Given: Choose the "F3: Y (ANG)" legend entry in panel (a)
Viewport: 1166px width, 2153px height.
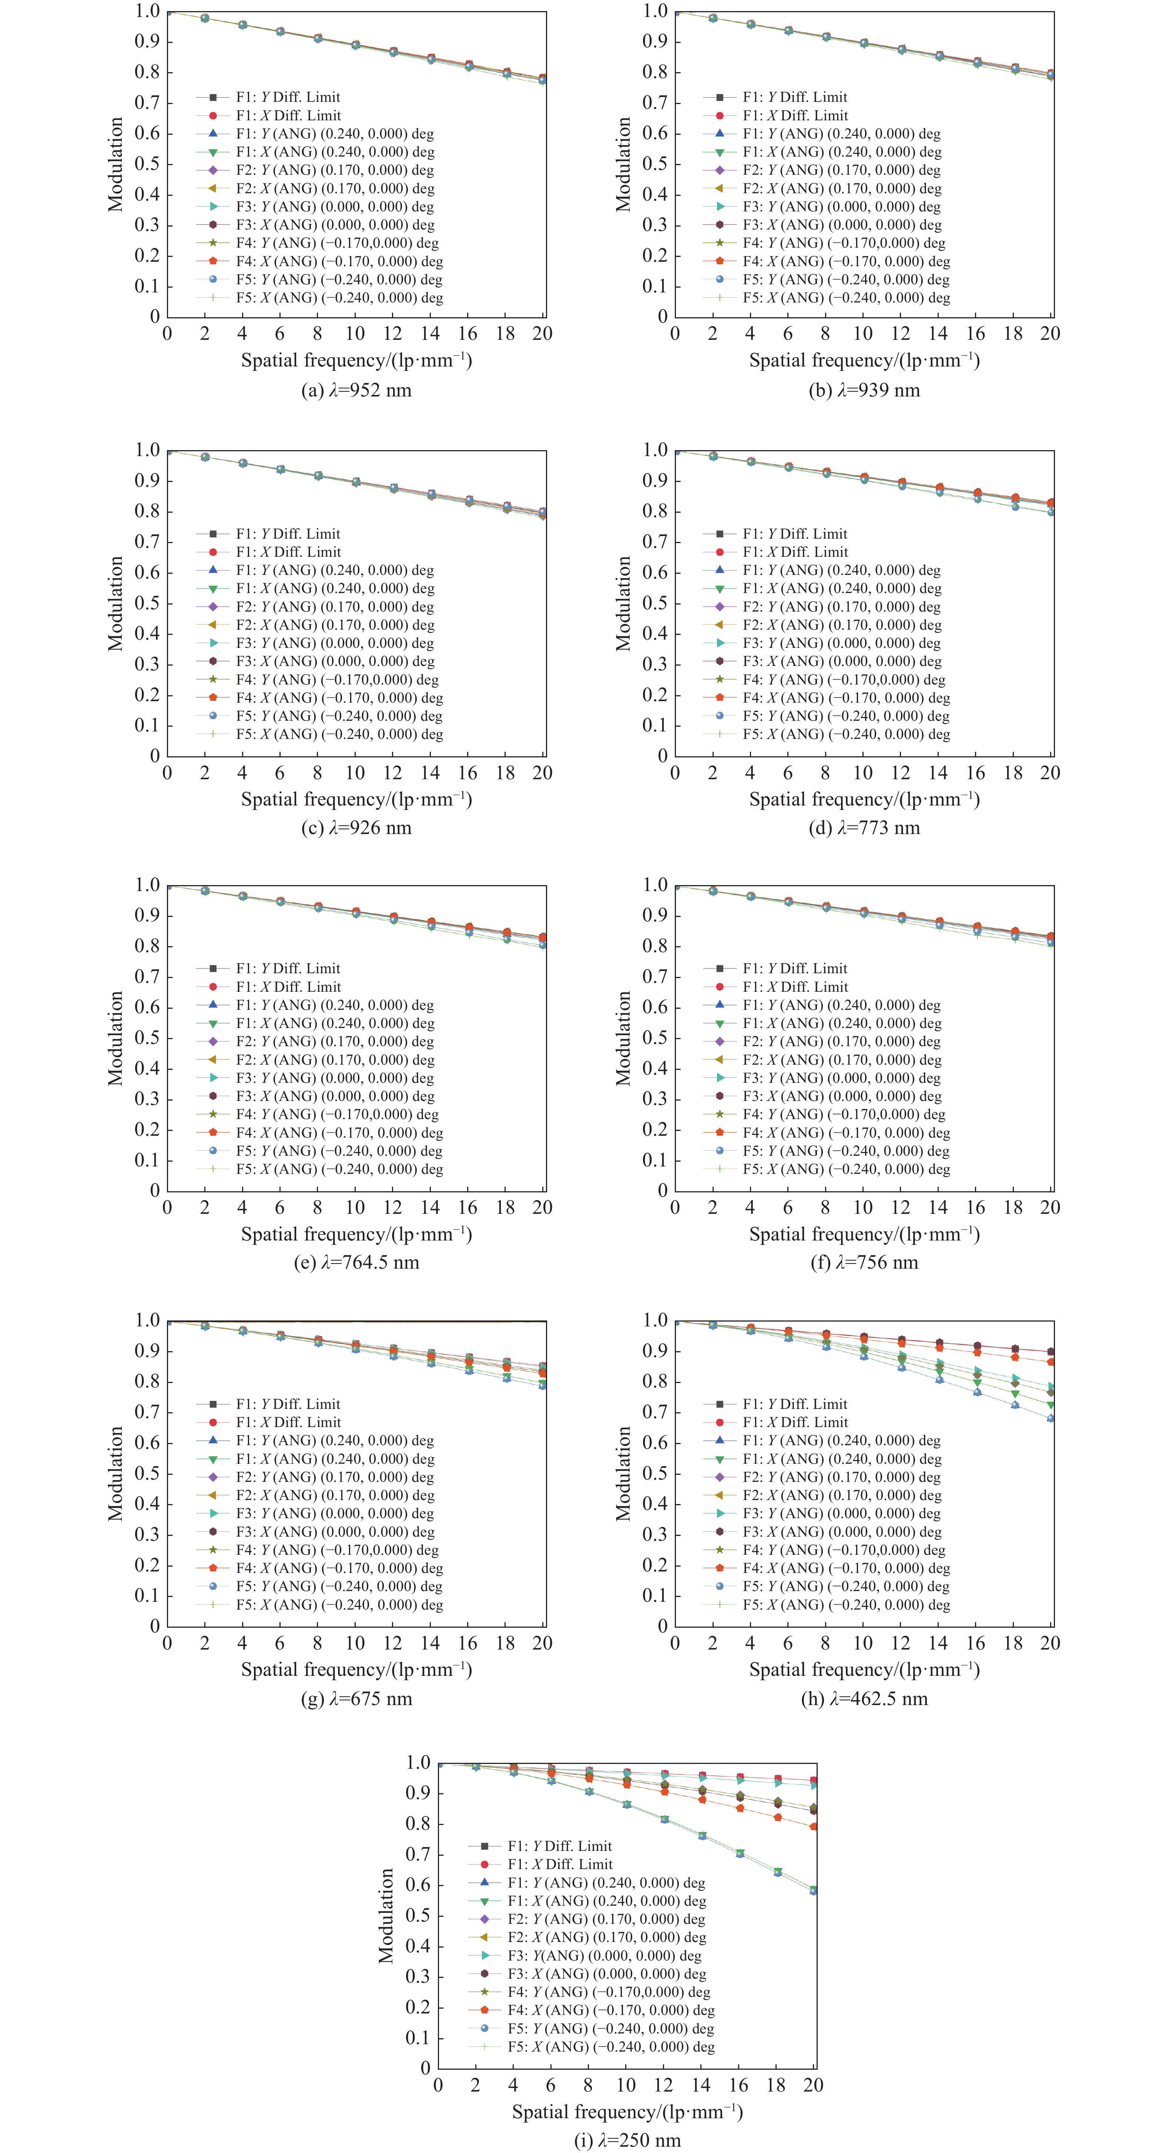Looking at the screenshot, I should (x=334, y=207).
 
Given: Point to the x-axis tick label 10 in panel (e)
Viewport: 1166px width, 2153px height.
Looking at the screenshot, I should (x=355, y=1208).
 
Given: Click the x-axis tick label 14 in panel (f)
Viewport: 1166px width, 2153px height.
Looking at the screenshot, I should (x=938, y=1208).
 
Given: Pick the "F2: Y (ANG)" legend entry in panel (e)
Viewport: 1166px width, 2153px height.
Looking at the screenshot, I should (x=334, y=1041).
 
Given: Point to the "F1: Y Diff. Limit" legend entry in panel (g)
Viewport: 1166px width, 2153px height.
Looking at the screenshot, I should (x=288, y=1404).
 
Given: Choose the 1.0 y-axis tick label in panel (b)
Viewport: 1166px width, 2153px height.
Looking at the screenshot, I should (x=654, y=11).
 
